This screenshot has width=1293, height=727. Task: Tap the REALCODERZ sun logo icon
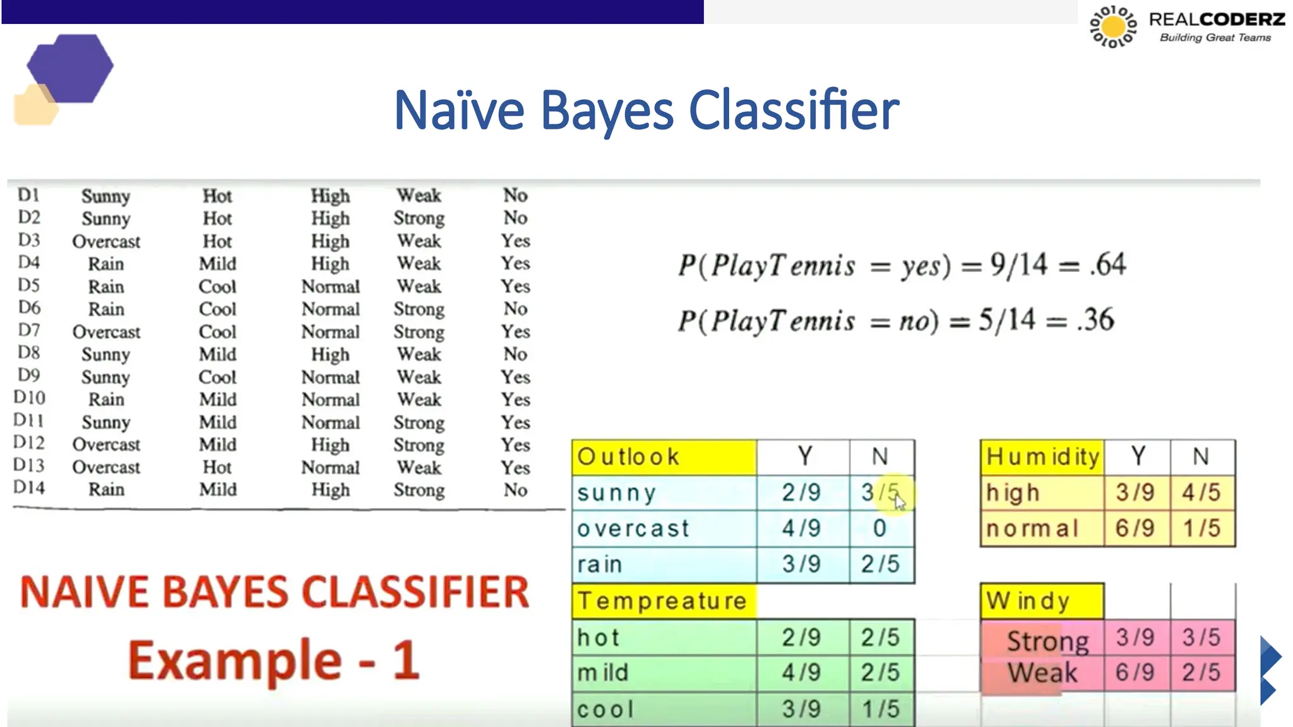coord(1113,27)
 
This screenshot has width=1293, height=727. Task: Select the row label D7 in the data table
coord(29,330)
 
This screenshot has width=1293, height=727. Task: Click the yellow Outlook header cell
coord(664,457)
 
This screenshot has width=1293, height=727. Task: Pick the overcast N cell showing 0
coord(879,528)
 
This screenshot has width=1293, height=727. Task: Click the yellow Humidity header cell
coord(1042,457)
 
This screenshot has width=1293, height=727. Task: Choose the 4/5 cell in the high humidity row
coord(1201,493)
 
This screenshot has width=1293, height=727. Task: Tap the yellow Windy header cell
coord(1042,601)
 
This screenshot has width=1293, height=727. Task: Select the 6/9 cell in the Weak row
coord(1135,673)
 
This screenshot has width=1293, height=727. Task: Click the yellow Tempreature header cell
coord(663,601)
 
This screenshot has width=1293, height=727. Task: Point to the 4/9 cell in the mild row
coord(801,673)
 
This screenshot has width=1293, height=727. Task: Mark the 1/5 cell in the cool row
coord(880,709)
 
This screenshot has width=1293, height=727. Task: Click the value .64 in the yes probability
coord(1108,264)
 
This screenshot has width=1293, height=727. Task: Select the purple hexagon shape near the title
coord(71,68)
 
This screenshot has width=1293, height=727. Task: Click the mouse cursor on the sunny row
coord(899,502)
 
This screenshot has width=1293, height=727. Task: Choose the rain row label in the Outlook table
coord(600,564)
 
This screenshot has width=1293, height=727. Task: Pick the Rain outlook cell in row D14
coord(106,490)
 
